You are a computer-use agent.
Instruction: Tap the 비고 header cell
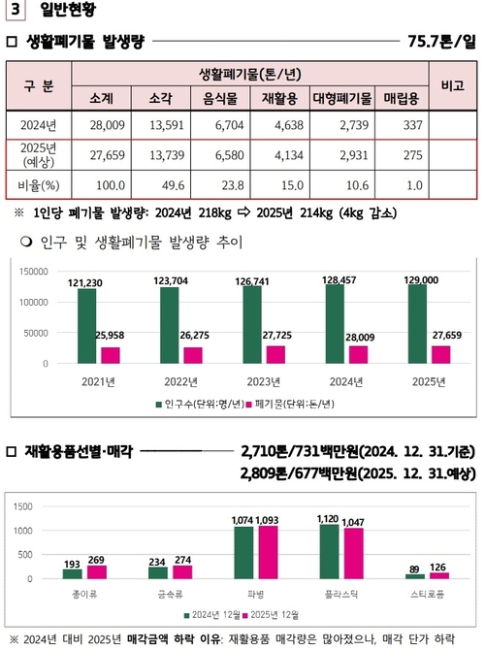pos(452,85)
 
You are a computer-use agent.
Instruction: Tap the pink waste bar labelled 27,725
pos(276,354)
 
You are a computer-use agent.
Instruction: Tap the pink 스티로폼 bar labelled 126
pos(438,575)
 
